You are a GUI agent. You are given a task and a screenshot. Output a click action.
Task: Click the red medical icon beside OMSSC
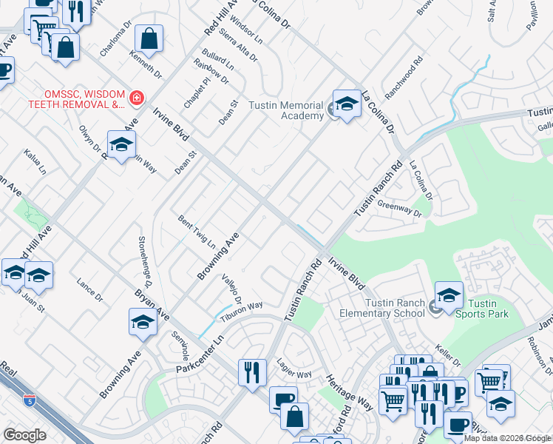(x=136, y=98)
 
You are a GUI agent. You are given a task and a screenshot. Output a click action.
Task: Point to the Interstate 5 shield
(x=29, y=400)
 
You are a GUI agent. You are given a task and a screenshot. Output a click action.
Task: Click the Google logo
(x=24, y=435)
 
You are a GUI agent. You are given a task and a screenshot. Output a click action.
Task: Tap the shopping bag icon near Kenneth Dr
(x=149, y=40)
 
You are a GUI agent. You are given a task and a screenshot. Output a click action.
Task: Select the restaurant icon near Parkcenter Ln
(x=252, y=372)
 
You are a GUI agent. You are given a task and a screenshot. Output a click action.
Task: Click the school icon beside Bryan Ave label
(x=143, y=323)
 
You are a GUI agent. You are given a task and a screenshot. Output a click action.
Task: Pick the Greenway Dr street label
(x=398, y=209)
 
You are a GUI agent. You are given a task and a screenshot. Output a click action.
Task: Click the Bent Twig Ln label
(x=197, y=232)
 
